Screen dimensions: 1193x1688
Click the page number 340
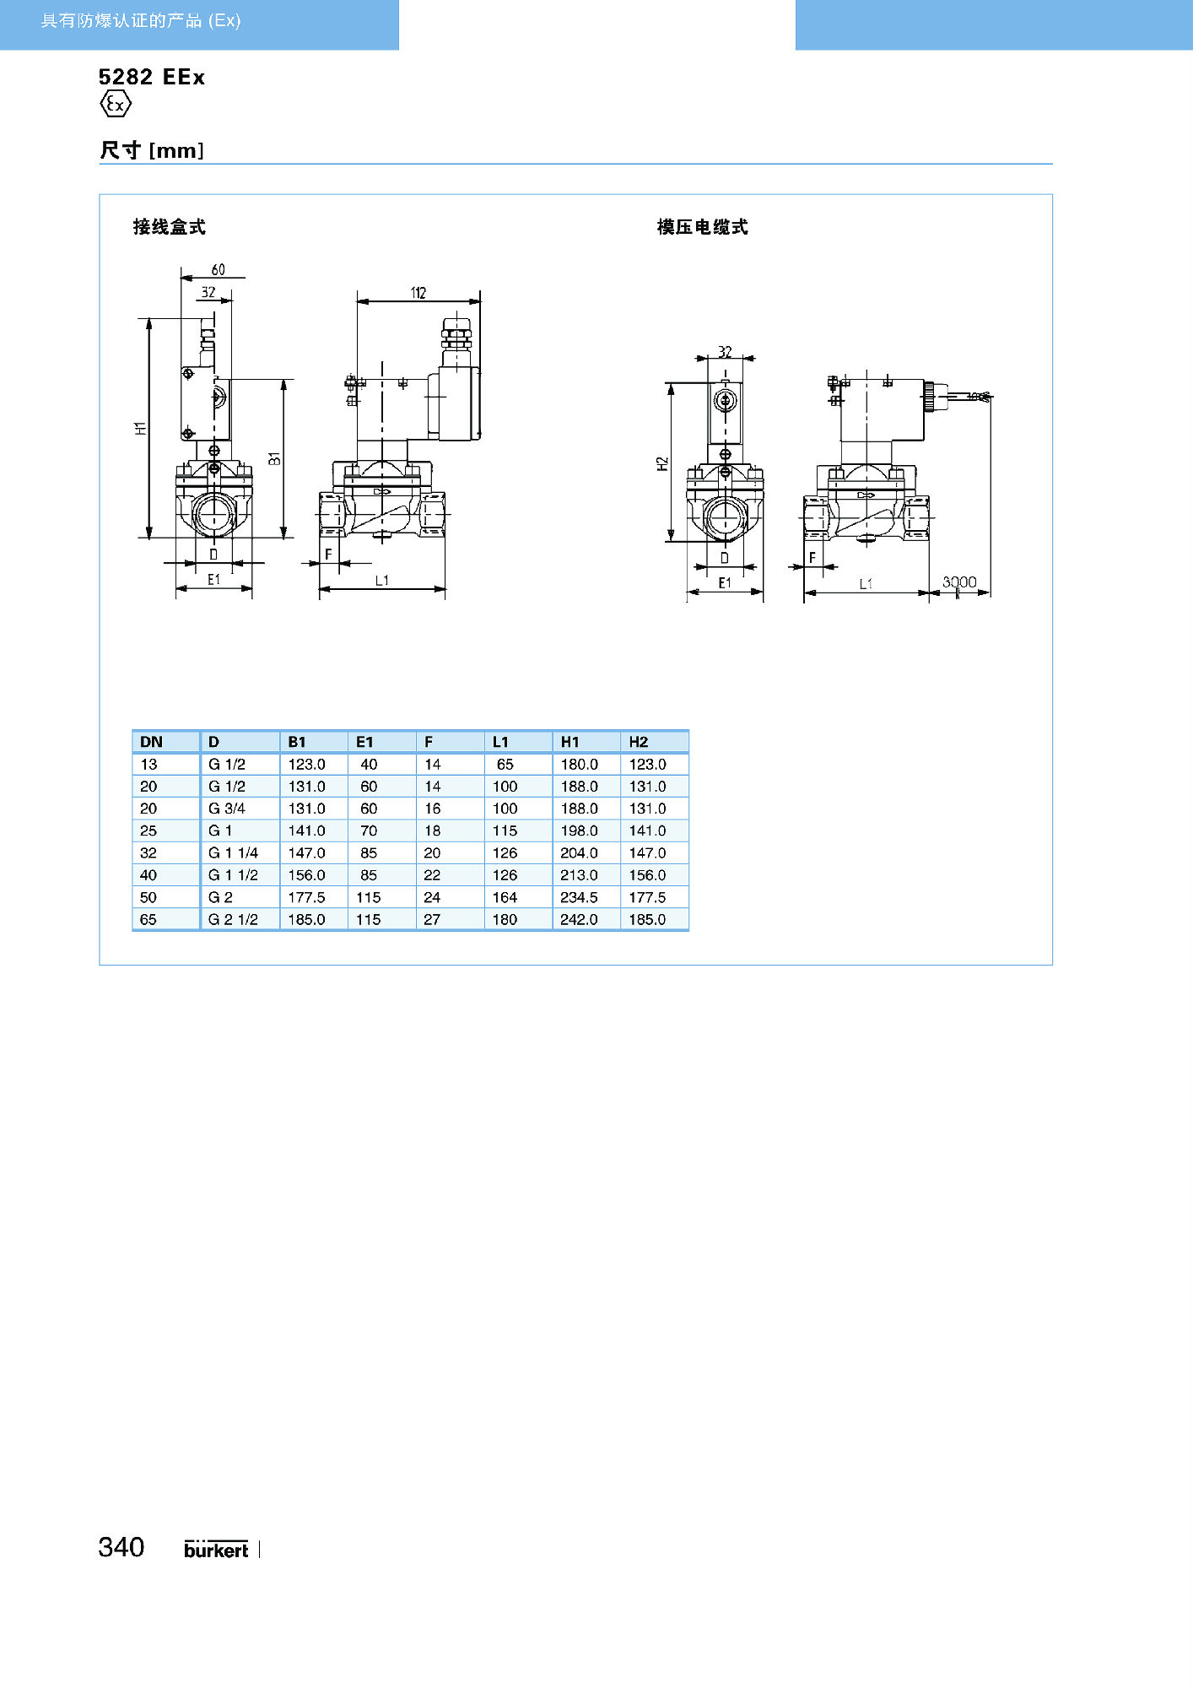pyautogui.click(x=121, y=1547)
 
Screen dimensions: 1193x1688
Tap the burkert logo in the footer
pyautogui.click(x=216, y=1549)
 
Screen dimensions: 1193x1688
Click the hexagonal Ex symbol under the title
pyautogui.click(x=116, y=105)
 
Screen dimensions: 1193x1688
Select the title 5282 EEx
pyautogui.click(x=152, y=77)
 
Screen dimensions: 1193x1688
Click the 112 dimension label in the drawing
pyautogui.click(x=418, y=293)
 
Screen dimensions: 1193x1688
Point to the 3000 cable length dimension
pyautogui.click(x=959, y=582)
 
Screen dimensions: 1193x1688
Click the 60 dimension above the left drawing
pyautogui.click(x=219, y=270)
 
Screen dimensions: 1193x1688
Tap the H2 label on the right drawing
pyautogui.click(x=662, y=463)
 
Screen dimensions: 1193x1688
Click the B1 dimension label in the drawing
pyautogui.click(x=274, y=458)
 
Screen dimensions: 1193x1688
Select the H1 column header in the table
pyautogui.click(x=570, y=742)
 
